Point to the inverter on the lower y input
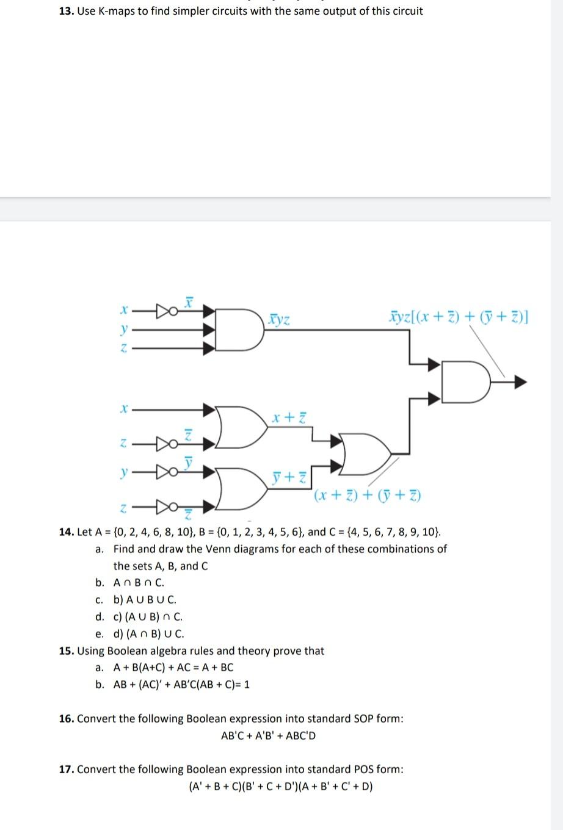(165, 472)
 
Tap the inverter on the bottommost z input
(165, 506)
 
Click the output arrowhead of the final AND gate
(519, 383)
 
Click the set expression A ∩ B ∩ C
(139, 583)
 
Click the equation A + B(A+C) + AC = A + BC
(173, 668)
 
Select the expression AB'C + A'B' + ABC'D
(269, 735)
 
